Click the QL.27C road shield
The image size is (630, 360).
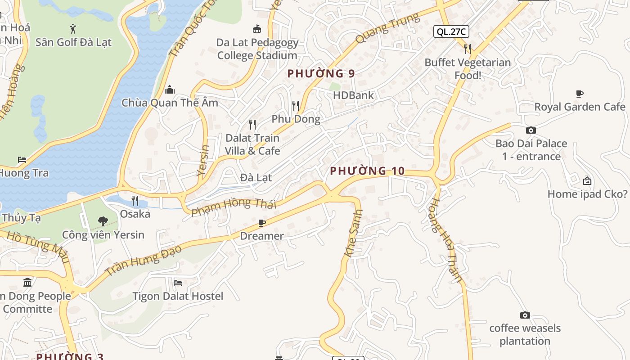451,31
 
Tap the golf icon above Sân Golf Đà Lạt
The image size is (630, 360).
73,29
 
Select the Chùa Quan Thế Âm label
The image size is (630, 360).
170,103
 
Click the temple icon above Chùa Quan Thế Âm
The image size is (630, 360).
170,90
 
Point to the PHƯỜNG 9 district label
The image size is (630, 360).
321,73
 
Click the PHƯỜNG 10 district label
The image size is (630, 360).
367,171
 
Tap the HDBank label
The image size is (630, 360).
353,95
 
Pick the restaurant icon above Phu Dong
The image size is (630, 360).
296,106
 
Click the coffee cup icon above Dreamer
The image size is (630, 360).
262,223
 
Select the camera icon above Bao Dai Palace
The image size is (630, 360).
531,130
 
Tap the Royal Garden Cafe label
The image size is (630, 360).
580,107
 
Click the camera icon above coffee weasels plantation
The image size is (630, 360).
525,315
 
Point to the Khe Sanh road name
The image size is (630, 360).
353,233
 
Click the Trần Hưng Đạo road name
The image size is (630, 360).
143,261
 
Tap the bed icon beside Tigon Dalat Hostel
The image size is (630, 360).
178,283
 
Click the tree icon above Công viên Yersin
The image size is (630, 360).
103,221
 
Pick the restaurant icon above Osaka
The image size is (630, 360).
135,200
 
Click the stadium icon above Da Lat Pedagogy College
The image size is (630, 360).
257,29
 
